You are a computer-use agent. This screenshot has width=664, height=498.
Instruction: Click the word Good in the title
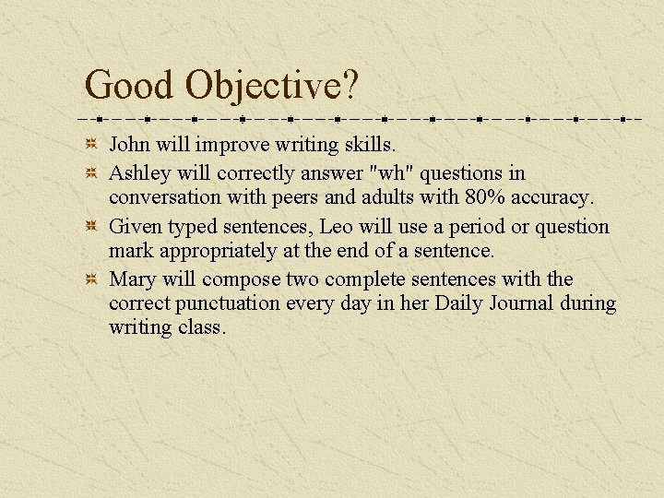[x=130, y=86]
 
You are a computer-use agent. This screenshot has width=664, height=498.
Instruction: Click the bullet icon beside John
[x=91, y=145]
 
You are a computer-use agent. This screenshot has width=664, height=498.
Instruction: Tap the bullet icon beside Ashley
[x=91, y=173]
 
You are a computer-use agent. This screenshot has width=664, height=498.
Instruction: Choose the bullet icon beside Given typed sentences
[x=91, y=227]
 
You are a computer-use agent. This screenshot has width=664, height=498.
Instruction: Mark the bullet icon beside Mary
[x=91, y=279]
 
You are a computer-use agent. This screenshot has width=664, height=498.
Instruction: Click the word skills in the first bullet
[x=368, y=145]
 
